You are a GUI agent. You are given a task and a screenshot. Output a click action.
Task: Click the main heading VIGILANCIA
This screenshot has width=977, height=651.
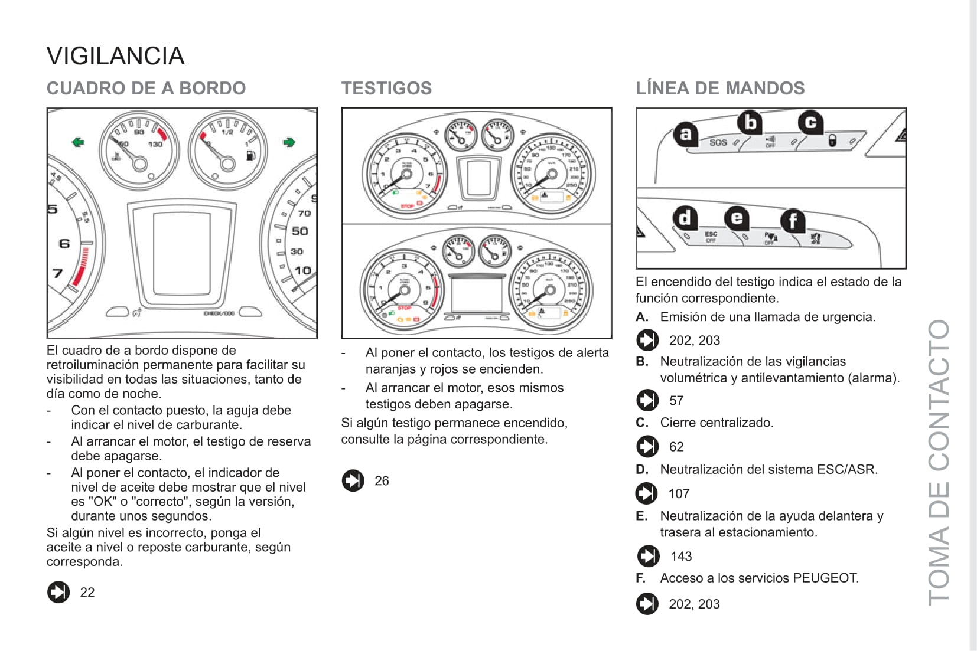[116, 57]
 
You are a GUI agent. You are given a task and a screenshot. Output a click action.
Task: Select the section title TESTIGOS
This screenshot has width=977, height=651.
[386, 89]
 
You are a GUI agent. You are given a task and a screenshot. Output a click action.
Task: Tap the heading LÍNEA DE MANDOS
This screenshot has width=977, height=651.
[720, 89]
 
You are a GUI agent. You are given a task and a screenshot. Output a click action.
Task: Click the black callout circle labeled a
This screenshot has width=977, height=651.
[685, 134]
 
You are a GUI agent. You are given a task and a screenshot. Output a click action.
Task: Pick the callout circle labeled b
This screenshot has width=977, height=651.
[750, 123]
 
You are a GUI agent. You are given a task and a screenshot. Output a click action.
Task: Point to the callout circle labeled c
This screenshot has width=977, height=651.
[810, 122]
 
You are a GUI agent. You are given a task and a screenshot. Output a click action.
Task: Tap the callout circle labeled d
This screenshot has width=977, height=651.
[685, 218]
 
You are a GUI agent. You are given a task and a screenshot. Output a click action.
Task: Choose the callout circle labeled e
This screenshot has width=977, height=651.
[737, 218]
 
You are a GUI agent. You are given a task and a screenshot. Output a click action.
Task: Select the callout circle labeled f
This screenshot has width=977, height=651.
[793, 221]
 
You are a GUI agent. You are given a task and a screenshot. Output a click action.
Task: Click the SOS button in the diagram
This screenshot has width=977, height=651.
[718, 142]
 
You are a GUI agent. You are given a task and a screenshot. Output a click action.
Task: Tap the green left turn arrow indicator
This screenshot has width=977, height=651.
[78, 142]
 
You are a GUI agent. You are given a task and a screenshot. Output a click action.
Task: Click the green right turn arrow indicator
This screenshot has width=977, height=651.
[289, 142]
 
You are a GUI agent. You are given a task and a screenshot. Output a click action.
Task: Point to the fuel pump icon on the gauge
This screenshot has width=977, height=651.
[251, 155]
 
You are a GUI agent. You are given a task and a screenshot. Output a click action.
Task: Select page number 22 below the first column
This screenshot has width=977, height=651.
[87, 593]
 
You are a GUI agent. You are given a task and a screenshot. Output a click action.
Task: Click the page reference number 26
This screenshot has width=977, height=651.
[382, 481]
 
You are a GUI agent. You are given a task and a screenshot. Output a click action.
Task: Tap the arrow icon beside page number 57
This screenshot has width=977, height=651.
[647, 400]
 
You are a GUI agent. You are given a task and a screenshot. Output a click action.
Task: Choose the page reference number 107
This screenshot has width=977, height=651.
[679, 493]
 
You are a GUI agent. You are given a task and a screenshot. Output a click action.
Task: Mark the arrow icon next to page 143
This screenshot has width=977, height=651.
[648, 556]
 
